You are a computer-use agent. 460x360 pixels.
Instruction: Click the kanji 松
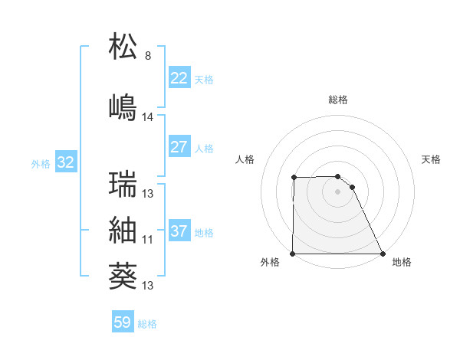tap(123, 47)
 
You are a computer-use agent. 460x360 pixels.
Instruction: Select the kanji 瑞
tap(123, 185)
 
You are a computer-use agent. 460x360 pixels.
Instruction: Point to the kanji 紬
tap(123, 230)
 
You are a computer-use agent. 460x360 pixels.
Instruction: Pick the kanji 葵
tap(123, 275)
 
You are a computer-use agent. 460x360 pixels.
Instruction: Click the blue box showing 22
tap(179, 78)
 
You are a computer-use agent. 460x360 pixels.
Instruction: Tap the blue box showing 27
tap(179, 147)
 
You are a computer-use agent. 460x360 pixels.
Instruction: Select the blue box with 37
tap(179, 231)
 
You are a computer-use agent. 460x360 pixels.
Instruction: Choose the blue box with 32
tap(65, 162)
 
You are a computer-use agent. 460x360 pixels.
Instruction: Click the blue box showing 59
tap(122, 322)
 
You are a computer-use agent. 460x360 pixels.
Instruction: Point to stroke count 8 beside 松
tap(148, 56)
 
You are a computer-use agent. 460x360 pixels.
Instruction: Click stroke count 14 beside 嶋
tap(148, 117)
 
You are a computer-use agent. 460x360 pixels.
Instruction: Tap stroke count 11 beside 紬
tap(147, 240)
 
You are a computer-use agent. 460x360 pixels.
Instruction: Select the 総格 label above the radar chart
tap(338, 100)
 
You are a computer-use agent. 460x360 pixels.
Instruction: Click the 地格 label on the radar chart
tap(402, 262)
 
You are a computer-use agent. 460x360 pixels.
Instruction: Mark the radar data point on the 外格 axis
tap(293, 254)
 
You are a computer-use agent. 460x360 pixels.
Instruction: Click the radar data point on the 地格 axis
tap(383, 254)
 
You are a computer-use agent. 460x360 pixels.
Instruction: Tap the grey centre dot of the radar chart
tap(337, 191)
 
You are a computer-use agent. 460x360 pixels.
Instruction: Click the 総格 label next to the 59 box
tap(147, 324)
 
